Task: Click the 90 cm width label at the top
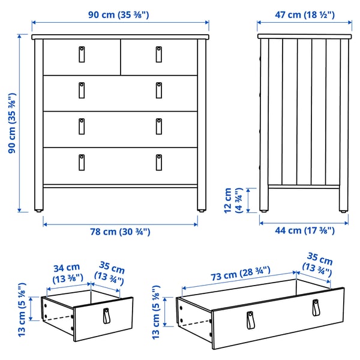(x=121, y=14)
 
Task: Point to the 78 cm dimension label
(x=120, y=232)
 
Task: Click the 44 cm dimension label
(x=304, y=230)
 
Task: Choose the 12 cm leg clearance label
(x=232, y=200)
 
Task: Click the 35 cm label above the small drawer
(x=110, y=274)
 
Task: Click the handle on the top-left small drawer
(x=81, y=54)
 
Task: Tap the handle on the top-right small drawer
(x=159, y=54)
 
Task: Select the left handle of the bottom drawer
(x=81, y=161)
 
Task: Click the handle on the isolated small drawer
(x=107, y=316)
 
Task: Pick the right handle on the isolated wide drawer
(x=315, y=307)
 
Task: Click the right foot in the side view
(x=343, y=209)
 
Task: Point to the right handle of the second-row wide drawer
(x=159, y=90)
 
